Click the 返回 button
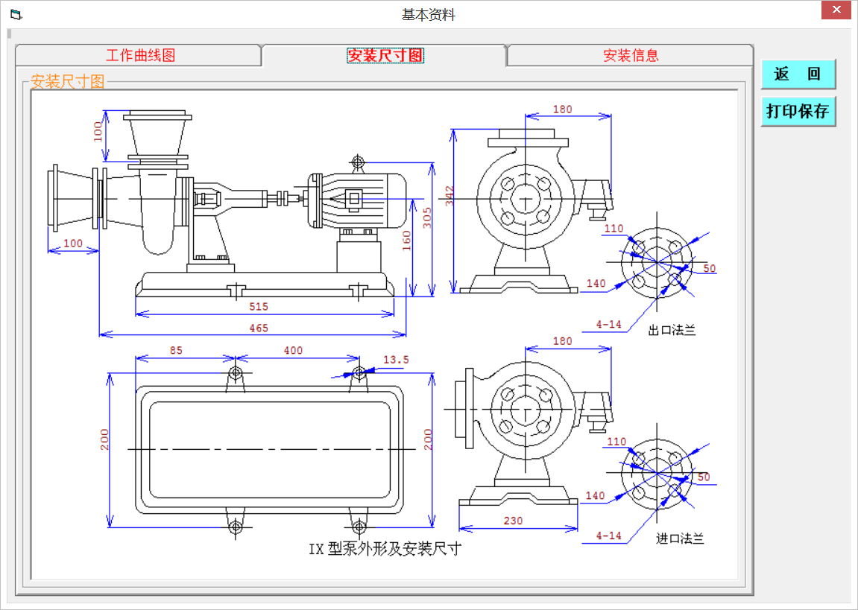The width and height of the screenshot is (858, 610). tap(798, 74)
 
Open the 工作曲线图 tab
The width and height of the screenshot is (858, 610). tap(140, 56)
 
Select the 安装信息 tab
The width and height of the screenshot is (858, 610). tap(631, 56)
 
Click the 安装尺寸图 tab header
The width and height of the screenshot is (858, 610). tap(385, 56)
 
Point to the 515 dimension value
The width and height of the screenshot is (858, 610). tap(258, 307)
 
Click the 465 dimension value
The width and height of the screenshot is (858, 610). tap(258, 328)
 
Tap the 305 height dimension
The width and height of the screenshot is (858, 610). tap(426, 217)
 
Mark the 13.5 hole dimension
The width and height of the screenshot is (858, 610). tap(396, 360)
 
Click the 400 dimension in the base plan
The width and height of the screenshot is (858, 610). tap(293, 350)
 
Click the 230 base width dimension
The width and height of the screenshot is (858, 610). tap(513, 521)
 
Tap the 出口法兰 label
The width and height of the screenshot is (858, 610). tap(672, 330)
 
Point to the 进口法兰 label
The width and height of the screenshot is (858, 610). tap(680, 538)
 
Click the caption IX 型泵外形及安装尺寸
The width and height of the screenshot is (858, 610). tap(385, 550)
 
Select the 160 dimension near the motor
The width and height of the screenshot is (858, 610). tap(407, 241)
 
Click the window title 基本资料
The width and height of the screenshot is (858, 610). tap(428, 14)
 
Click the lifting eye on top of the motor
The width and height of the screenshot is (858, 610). tap(358, 162)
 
